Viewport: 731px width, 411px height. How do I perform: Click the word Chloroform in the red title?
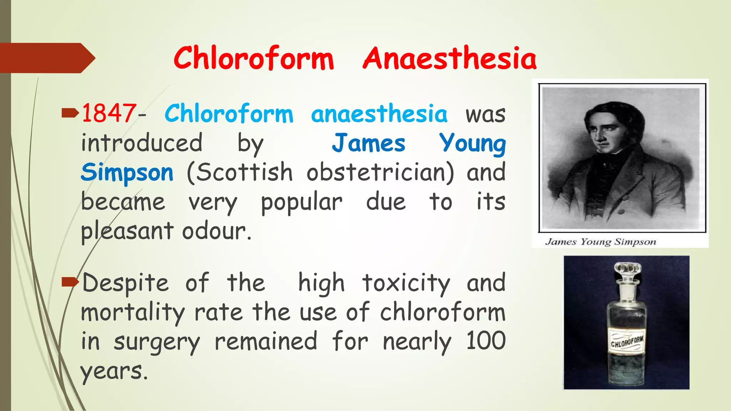[x=253, y=58]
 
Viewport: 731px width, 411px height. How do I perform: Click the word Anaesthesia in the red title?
[x=450, y=58]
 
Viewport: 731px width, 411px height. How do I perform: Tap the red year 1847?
[x=109, y=113]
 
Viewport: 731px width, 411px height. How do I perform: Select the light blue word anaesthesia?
[x=379, y=114]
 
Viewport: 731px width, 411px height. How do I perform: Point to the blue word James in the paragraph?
[x=368, y=143]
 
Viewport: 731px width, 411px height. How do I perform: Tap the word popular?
[x=302, y=203]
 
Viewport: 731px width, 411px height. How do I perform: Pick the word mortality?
[x=133, y=313]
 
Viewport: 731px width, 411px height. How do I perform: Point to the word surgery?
[x=157, y=342]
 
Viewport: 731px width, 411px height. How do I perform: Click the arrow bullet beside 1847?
[x=70, y=114]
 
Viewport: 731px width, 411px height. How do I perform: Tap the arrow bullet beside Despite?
[x=70, y=283]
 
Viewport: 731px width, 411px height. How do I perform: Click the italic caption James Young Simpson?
[x=600, y=242]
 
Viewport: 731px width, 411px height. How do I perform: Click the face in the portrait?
[x=604, y=132]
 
